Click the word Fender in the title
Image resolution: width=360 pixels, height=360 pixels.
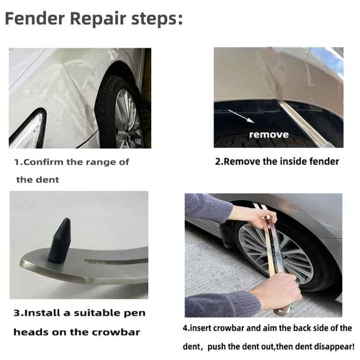[35, 19]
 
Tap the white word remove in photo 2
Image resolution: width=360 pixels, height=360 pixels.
[269, 134]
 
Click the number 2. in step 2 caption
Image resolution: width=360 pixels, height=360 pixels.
[219, 161]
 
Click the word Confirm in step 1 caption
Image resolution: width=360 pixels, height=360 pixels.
[44, 162]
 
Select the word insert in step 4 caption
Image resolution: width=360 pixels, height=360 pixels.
[201, 328]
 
